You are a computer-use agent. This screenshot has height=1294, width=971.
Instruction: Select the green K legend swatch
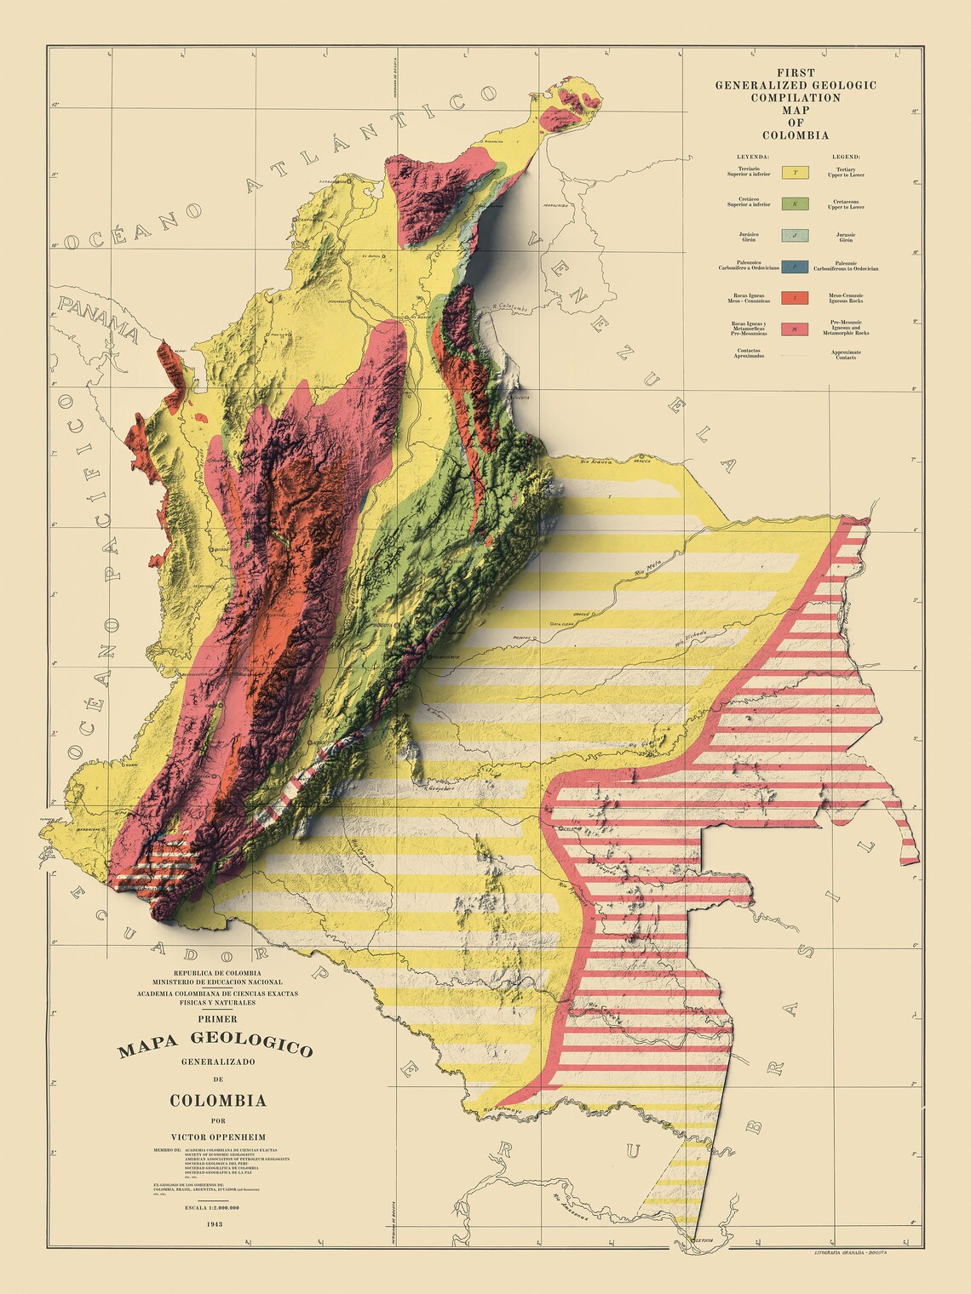pos(795,204)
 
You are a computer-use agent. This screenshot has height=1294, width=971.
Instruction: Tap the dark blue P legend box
pos(795,266)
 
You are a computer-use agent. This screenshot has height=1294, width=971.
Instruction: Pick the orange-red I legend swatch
pos(795,297)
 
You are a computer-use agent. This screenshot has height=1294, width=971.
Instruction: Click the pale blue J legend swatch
pos(795,236)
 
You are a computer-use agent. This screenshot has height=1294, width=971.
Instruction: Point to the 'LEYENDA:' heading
pos(754,157)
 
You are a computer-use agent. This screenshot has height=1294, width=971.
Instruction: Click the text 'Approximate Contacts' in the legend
pos(846,354)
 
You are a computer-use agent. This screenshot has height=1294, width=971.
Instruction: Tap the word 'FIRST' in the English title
pos(796,73)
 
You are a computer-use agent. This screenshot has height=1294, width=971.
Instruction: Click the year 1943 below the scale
pos(215,1224)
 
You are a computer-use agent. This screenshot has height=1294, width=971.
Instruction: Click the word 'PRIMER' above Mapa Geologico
pos(217,1018)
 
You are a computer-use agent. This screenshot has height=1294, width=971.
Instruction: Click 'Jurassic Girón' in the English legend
pos(846,238)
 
